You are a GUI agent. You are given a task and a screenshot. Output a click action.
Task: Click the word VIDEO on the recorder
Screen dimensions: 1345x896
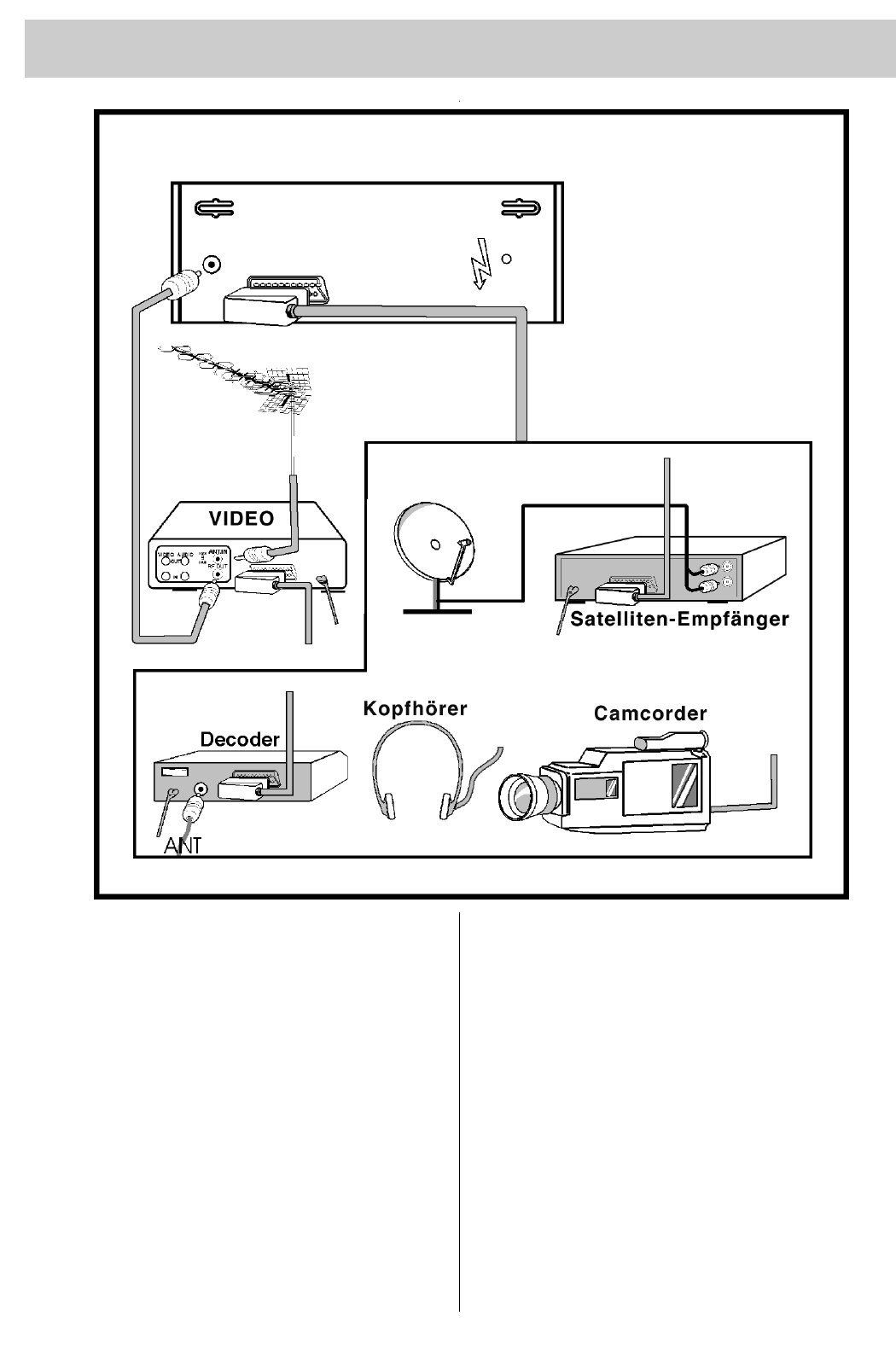pyautogui.click(x=241, y=518)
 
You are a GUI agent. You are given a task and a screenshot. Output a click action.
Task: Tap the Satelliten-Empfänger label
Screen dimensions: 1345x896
pyautogui.click(x=679, y=620)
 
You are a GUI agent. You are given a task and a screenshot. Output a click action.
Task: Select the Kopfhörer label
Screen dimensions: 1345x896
pyautogui.click(x=415, y=708)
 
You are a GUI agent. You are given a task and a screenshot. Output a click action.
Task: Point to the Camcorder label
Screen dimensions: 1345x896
pyautogui.click(x=650, y=713)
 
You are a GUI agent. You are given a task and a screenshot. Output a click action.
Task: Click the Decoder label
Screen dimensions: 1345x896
pyautogui.click(x=240, y=739)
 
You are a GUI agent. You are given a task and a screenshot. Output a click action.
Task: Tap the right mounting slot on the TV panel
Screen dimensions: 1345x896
pyautogui.click(x=520, y=207)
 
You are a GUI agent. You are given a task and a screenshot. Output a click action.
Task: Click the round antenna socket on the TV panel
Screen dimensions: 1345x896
pyautogui.click(x=212, y=265)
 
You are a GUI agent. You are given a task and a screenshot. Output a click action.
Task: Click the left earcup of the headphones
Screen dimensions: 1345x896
pyautogui.click(x=389, y=804)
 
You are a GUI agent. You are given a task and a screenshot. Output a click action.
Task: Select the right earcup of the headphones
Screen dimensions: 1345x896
pyautogui.click(x=445, y=804)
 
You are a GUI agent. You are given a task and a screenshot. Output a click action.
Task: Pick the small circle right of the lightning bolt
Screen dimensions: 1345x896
pyautogui.click(x=506, y=259)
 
